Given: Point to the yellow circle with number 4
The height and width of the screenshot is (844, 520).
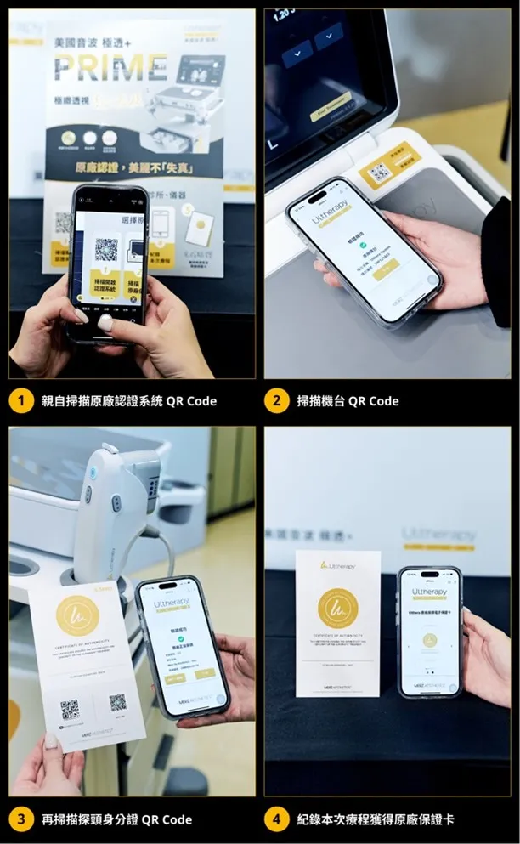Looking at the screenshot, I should pyautogui.click(x=276, y=819).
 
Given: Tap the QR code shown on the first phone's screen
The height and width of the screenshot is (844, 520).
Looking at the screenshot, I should pyautogui.click(x=106, y=250).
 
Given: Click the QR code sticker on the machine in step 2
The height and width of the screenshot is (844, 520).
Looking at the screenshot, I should pyautogui.click(x=381, y=173).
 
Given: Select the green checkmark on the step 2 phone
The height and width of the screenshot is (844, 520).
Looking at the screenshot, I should pyautogui.click(x=364, y=246).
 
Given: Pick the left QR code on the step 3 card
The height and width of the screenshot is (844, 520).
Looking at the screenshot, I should pyautogui.click(x=70, y=708).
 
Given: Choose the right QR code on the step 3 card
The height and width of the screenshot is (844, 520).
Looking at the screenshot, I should pyautogui.click(x=117, y=702).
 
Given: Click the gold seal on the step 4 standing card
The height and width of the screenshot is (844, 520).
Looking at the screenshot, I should pyautogui.click(x=337, y=605).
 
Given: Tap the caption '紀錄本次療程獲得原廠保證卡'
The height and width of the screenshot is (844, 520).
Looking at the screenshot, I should pyautogui.click(x=375, y=819).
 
